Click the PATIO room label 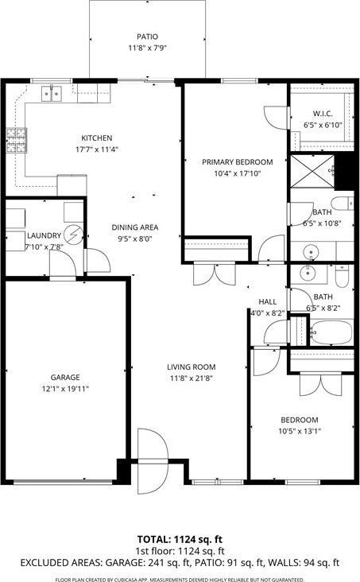(147, 37)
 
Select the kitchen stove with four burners (15, 141)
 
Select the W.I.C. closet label (322, 113)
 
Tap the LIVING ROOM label (192, 367)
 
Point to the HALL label (267, 302)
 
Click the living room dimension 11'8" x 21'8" (192, 378)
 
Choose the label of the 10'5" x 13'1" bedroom (299, 420)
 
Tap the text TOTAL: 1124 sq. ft (180, 537)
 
